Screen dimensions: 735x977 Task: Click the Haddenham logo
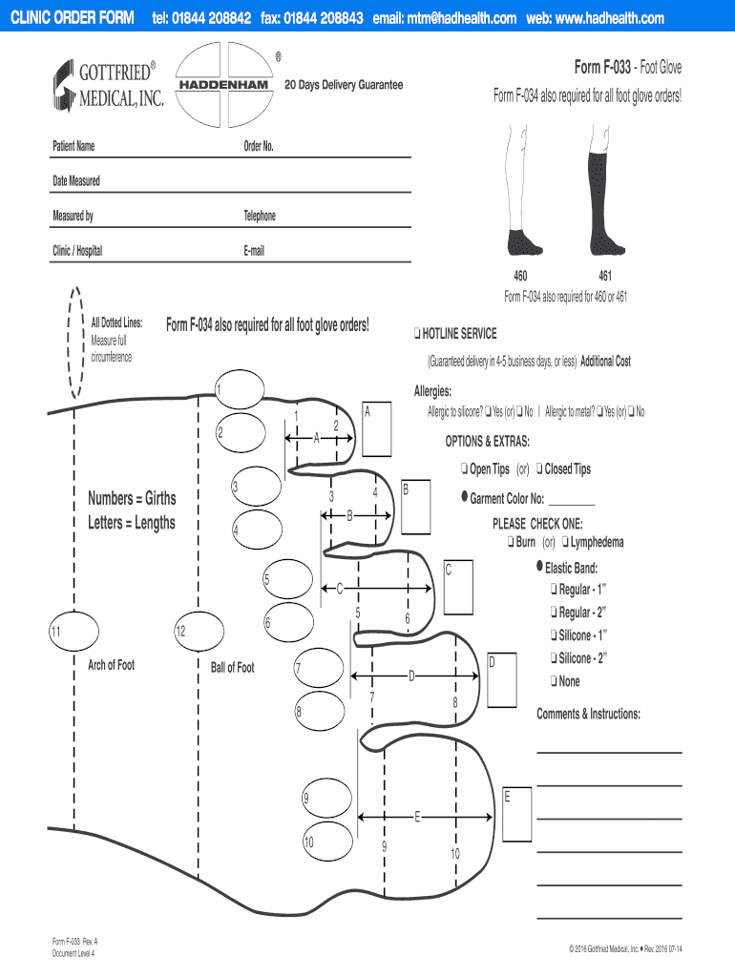(224, 85)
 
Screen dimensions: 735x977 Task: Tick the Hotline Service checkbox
(418, 334)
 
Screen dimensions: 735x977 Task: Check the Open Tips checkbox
(465, 468)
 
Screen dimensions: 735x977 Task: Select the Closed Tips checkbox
(539, 468)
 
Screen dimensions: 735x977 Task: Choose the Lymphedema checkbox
(565, 542)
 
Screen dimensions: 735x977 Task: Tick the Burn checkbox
(511, 542)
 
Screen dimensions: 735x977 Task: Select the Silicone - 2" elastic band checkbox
(554, 657)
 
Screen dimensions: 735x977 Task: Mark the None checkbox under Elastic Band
(554, 680)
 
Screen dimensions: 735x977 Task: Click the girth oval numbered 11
(73, 632)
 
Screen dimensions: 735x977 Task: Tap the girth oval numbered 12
(199, 632)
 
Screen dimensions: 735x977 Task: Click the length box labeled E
(517, 815)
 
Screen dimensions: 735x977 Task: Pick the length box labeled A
(377, 429)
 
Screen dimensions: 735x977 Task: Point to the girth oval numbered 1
(240, 389)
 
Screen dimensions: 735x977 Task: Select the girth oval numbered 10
(328, 842)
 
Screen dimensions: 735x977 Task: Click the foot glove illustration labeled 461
(605, 191)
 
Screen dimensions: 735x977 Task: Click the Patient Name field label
(73, 146)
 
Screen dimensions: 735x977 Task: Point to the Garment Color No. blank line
(572, 505)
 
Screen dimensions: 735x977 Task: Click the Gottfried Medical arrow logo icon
(64, 86)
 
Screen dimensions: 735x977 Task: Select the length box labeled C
(458, 588)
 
